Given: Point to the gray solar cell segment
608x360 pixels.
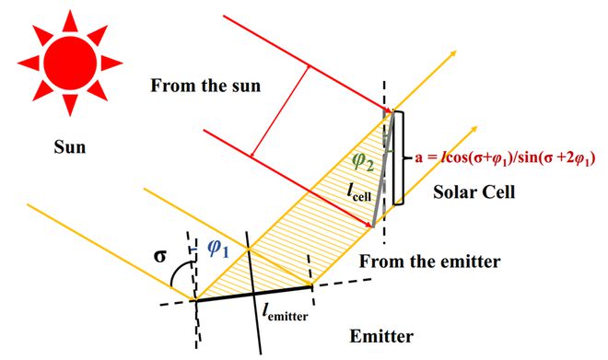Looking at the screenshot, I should click(384, 170).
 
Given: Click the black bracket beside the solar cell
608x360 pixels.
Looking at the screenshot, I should click(397, 157).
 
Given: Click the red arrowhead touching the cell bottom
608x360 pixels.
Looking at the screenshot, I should click(367, 220).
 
